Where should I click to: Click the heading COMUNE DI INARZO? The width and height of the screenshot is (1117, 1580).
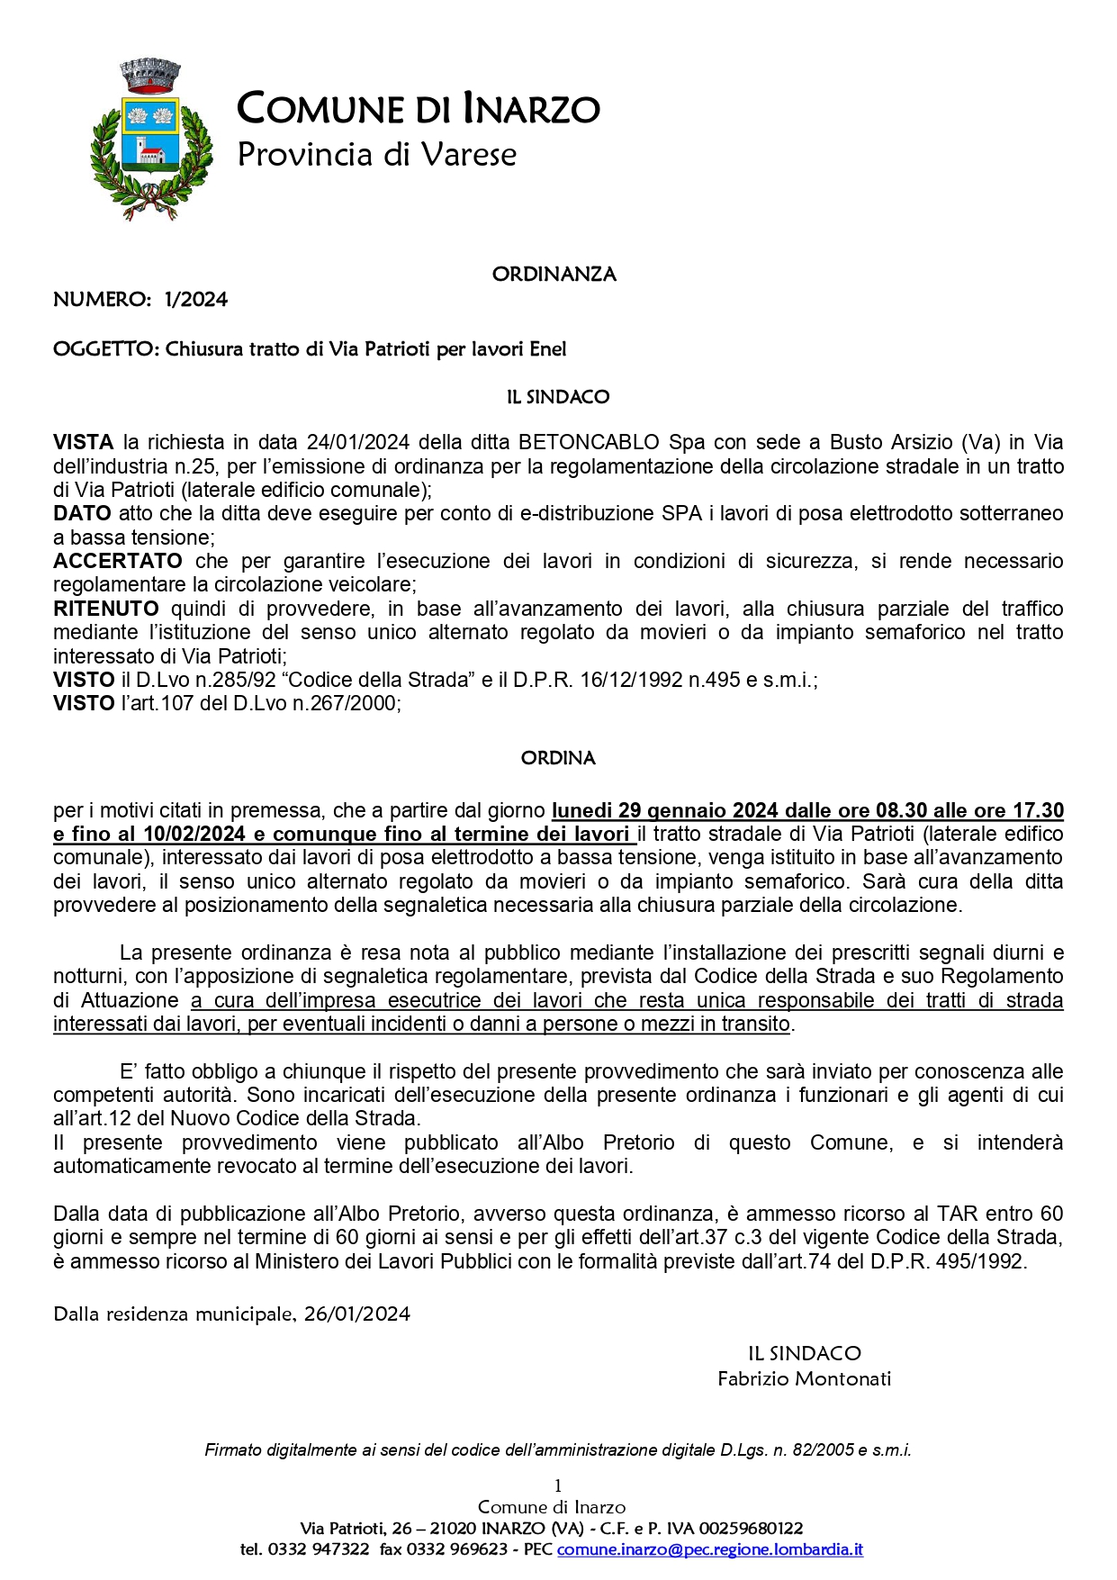pos(418,109)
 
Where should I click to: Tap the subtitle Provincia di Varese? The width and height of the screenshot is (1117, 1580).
pos(376,154)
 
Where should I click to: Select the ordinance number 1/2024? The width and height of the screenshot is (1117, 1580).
pos(196,300)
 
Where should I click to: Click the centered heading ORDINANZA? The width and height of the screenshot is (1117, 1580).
pos(554,275)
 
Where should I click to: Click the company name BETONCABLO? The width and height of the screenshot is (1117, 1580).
pos(589,442)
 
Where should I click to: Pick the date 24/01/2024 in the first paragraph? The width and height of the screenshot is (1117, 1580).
pos(357,442)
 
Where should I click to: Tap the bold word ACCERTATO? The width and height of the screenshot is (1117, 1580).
pos(117,561)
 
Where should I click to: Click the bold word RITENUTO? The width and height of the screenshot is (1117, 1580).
pos(105,609)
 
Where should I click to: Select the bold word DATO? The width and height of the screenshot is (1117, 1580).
pos(82,513)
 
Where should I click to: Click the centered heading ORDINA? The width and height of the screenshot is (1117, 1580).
pos(558,758)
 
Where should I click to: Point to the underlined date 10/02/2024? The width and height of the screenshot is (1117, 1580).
pos(193,834)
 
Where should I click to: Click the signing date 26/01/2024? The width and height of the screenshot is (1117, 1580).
pos(357,1314)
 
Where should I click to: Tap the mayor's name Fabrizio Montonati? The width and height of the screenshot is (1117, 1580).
pos(804,1378)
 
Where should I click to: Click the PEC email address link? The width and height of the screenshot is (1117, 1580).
pos(710,1549)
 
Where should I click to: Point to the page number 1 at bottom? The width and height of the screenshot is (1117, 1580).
pos(558,1485)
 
